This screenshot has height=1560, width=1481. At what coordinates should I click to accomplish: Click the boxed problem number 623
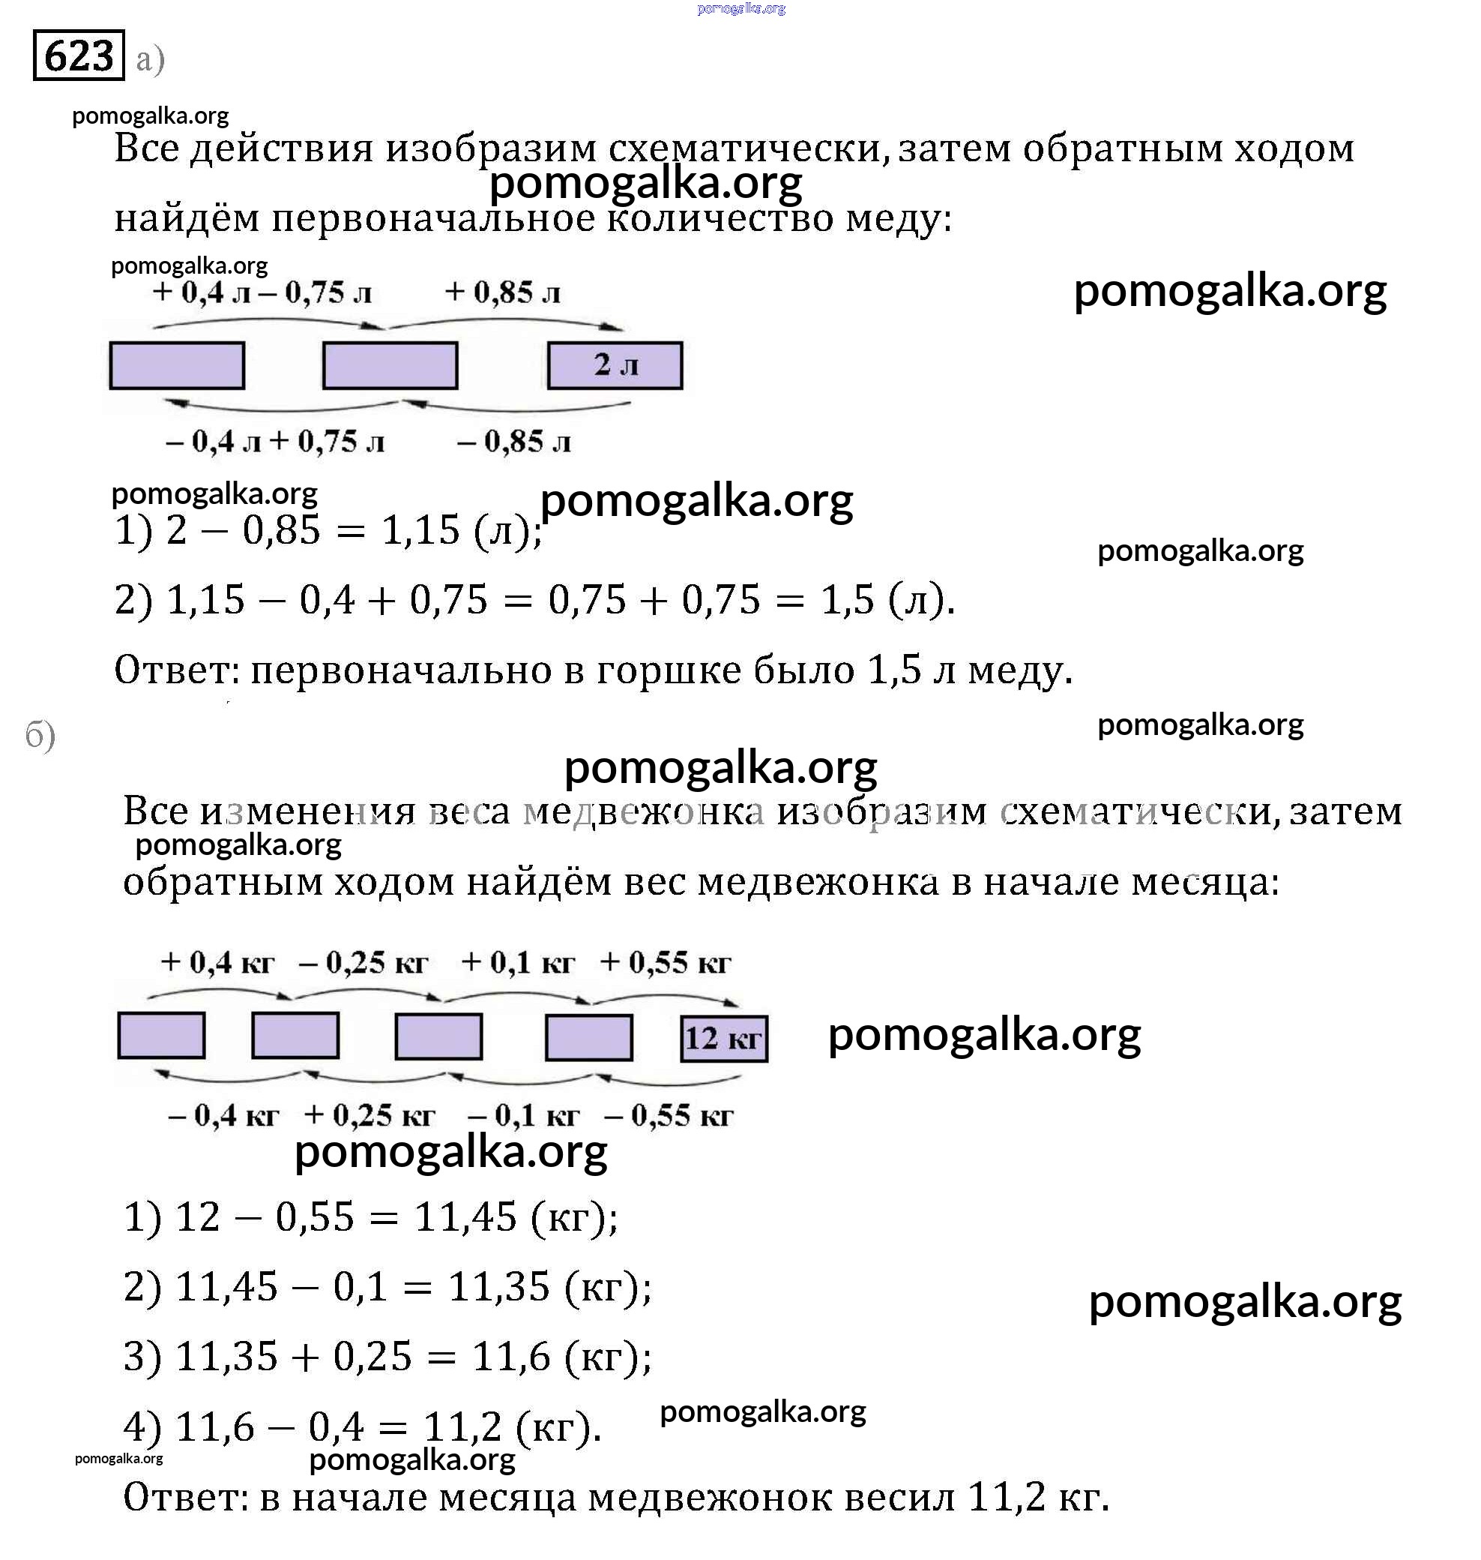coord(78,55)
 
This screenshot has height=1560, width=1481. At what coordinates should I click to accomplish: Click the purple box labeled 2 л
coord(615,365)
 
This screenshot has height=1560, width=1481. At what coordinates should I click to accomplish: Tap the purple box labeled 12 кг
coord(724,1038)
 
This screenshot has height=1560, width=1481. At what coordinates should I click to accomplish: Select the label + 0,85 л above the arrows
coord(503,292)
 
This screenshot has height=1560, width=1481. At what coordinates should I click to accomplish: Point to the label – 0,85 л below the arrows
coord(514,442)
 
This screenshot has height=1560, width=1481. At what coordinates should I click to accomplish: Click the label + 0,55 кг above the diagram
coord(666,962)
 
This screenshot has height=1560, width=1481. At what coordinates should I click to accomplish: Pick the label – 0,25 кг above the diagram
coord(364,962)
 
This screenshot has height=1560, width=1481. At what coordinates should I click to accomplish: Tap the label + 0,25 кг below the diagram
coord(370,1114)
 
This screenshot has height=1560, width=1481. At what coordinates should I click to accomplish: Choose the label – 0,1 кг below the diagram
coord(523,1114)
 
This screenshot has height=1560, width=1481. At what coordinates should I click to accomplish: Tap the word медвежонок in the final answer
coord(710,1496)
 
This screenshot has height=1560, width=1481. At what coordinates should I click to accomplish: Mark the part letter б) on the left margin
coord(40,735)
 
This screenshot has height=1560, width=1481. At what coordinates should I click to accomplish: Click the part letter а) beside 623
coord(150,59)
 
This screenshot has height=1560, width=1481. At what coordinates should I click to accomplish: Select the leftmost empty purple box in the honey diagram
coord(177,365)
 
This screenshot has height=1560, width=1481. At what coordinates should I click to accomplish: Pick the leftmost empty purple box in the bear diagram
coord(161,1035)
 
